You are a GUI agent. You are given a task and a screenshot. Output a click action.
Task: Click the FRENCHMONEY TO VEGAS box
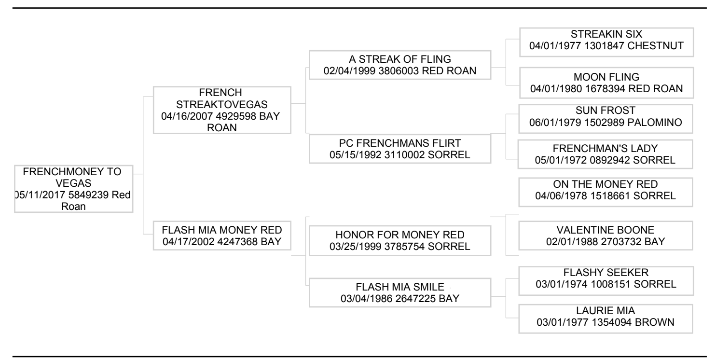click(x=72, y=189)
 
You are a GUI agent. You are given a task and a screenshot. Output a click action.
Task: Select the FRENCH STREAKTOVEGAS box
click(x=222, y=110)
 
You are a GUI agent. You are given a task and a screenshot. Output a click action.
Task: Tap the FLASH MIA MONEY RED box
click(x=222, y=235)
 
